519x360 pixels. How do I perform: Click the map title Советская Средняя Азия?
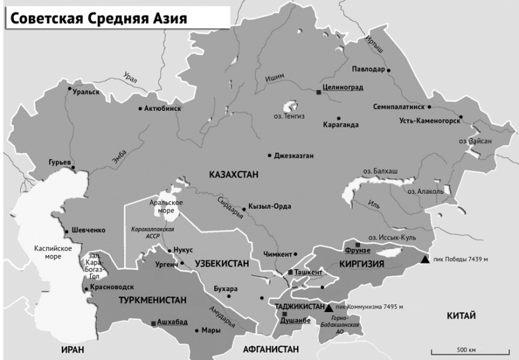97,18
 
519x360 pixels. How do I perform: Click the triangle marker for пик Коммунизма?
328,307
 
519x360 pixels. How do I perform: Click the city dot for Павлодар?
389,70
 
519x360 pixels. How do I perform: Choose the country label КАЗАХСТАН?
234,174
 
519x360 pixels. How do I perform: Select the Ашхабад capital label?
173,323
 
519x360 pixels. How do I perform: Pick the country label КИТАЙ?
461,316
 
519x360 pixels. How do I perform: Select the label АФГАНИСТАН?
271,349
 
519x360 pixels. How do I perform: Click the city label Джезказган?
294,156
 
